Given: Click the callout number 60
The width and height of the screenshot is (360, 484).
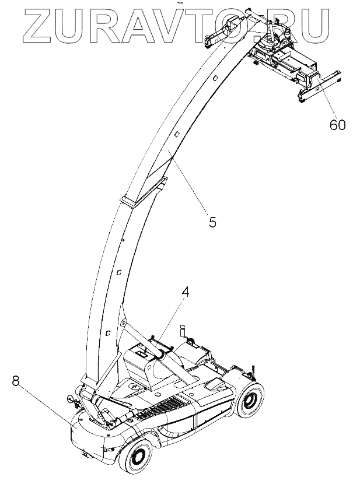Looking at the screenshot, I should tap(337, 125).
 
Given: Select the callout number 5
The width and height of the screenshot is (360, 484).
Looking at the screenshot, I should tap(212, 222).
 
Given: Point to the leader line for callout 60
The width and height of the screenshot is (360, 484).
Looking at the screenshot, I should tap(319, 97).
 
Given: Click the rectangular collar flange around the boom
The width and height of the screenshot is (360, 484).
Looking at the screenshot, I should tap(132, 200).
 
